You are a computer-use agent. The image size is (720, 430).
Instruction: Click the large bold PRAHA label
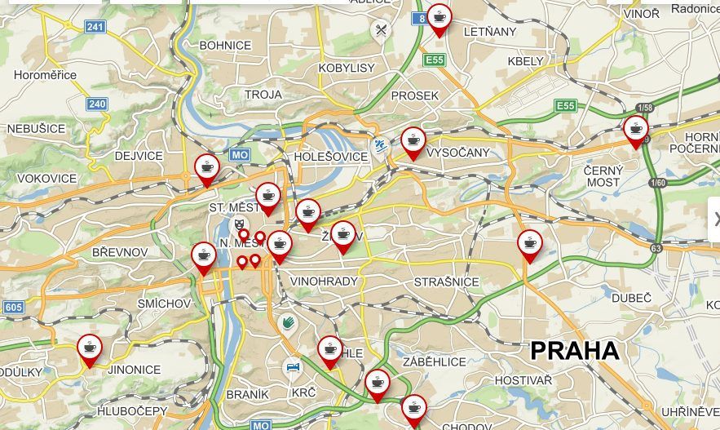coord(575,351)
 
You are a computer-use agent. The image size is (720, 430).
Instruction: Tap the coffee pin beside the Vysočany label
coord(413,141)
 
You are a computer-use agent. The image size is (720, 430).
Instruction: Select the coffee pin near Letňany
coord(440,18)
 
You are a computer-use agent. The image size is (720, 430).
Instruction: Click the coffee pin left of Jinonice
coord(90,348)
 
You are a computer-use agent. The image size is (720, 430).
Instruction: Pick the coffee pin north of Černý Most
coord(635,130)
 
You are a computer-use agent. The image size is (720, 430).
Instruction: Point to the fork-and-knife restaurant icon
coord(381,31)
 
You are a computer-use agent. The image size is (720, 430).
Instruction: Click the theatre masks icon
coord(239,222)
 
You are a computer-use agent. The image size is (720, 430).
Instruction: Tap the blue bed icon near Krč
coord(292,368)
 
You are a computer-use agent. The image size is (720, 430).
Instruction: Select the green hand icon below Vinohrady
coord(287,323)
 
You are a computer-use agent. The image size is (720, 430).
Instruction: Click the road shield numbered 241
coord(95,27)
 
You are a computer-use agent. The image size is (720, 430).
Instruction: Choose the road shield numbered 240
coord(97,104)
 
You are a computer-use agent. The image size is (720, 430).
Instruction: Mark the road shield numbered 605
coord(12,307)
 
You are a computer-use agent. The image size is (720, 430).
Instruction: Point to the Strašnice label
coord(446,281)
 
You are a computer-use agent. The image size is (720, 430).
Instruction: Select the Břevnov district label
coord(120,252)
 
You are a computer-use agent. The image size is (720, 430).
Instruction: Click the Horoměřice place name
coord(46,75)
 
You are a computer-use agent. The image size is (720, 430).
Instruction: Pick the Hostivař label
coord(523,380)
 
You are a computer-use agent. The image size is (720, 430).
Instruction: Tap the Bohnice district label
coord(225,45)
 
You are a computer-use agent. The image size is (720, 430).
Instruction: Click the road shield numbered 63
coord(656,247)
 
